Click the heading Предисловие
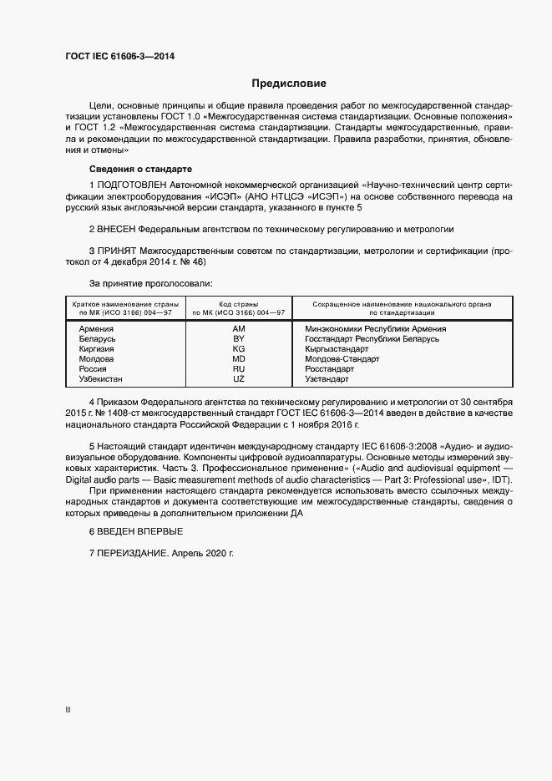click(x=289, y=84)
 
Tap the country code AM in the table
click(x=239, y=329)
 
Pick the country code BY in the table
click(x=239, y=339)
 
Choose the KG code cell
click(x=239, y=349)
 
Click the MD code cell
click(x=239, y=359)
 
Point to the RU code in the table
click(x=239, y=369)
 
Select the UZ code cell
click(x=239, y=379)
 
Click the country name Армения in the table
click(x=96, y=329)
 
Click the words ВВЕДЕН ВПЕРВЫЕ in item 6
click(x=139, y=532)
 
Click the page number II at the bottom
click(x=68, y=711)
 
